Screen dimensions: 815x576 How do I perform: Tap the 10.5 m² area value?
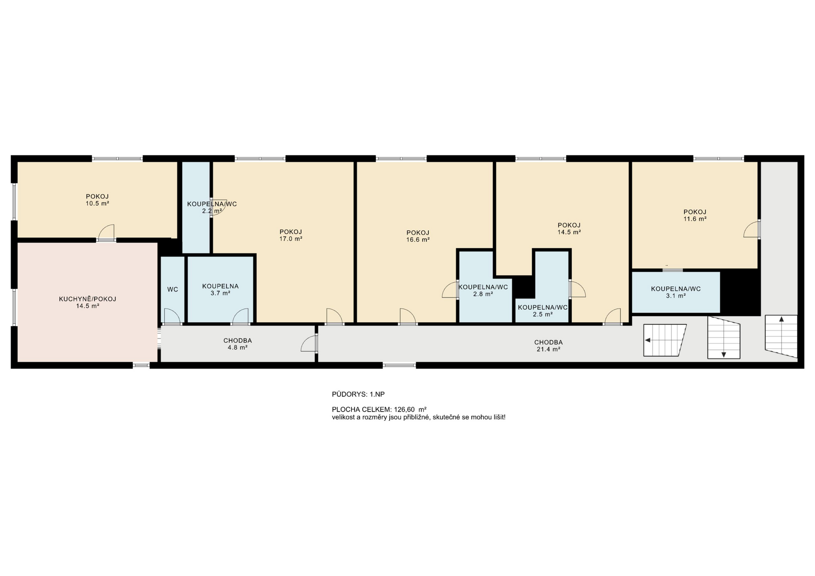97,204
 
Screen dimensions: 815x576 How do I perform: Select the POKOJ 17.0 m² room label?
291,235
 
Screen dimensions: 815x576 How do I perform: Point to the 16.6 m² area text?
418,240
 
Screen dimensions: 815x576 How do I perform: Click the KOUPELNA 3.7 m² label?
220,290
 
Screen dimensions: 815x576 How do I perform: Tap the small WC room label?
173,290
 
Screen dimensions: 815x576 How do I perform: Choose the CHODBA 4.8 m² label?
238,344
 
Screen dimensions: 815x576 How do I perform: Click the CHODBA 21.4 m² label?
548,346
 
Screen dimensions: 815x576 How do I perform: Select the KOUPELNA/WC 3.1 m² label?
676,292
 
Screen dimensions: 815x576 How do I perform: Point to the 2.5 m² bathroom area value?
543,315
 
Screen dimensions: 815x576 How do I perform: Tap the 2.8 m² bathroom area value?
483,294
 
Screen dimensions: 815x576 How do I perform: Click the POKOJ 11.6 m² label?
695,215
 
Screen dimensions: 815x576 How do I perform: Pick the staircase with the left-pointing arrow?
665,340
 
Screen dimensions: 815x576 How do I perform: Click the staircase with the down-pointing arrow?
724,338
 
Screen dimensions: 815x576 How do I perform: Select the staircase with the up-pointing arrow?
781,336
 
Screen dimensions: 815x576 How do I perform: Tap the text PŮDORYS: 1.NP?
358,394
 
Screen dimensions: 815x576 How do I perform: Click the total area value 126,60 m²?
410,410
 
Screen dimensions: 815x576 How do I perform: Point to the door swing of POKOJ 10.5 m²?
107,232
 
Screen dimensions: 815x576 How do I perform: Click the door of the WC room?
172,316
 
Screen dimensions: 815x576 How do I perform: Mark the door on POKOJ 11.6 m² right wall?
752,229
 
